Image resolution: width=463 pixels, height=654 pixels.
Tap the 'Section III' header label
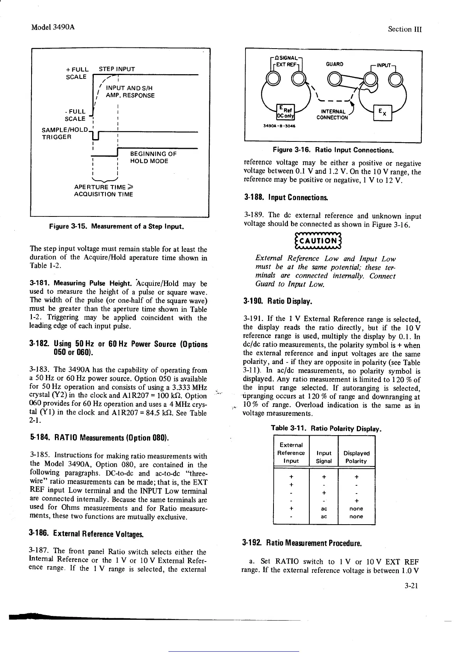tap(405, 30)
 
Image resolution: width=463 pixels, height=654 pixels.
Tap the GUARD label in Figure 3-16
tap(335, 64)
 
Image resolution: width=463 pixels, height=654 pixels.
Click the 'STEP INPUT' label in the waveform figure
tap(117, 69)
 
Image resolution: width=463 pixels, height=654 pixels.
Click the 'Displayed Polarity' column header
tap(356, 457)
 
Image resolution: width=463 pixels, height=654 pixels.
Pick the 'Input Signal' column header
tap(324, 457)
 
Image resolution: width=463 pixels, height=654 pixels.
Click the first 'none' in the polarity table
tap(356, 508)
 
